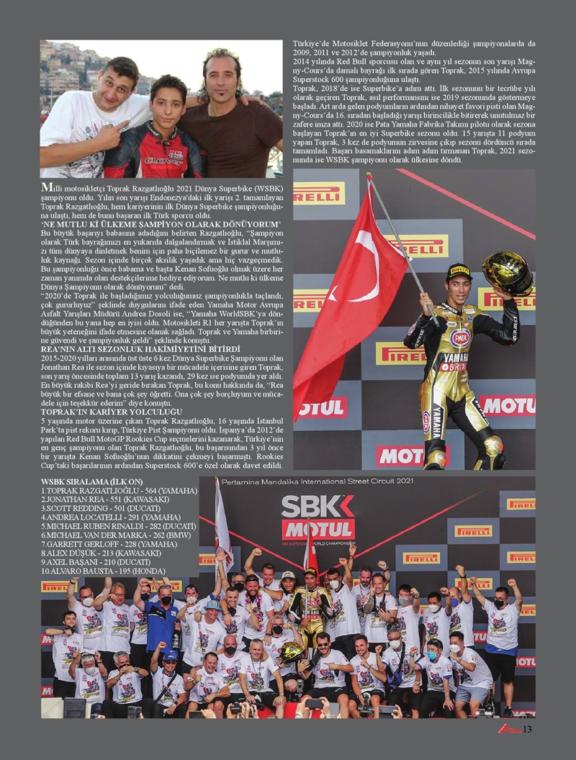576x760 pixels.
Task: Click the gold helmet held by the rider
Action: click(507, 271)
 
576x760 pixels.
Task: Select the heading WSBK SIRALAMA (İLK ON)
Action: click(91, 481)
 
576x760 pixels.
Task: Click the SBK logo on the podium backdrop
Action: click(318, 507)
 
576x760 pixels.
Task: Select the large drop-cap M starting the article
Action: click(48, 187)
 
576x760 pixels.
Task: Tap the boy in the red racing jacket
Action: click(156, 137)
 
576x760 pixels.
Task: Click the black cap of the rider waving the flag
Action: click(458, 271)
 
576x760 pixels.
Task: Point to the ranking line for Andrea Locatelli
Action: click(97, 516)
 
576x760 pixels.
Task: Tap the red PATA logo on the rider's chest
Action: click(460, 337)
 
